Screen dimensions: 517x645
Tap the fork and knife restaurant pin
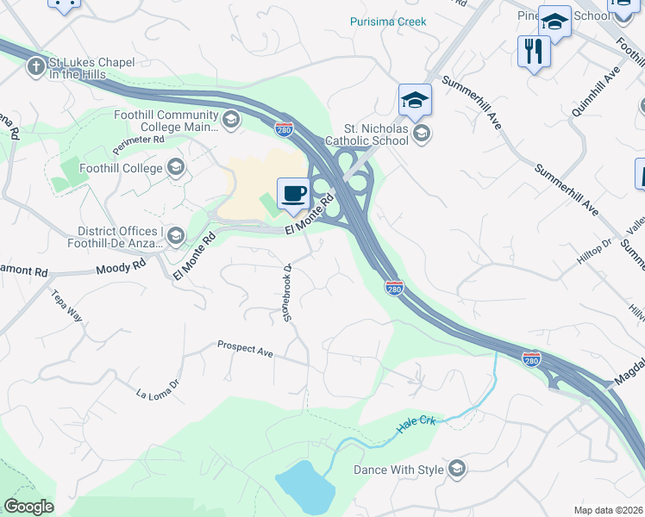[534, 52]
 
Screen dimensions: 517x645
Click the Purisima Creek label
[388, 22]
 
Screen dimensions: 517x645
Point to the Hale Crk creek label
[417, 424]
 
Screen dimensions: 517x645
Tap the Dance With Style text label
[398, 470]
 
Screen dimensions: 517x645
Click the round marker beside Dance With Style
[457, 470]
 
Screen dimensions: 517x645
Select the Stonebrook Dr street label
[289, 293]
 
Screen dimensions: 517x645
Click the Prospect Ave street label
[245, 349]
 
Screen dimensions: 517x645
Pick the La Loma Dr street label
[157, 389]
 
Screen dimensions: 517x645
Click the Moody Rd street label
[122, 269]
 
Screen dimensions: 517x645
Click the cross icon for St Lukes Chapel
[35, 65]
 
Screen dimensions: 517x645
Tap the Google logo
[28, 507]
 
